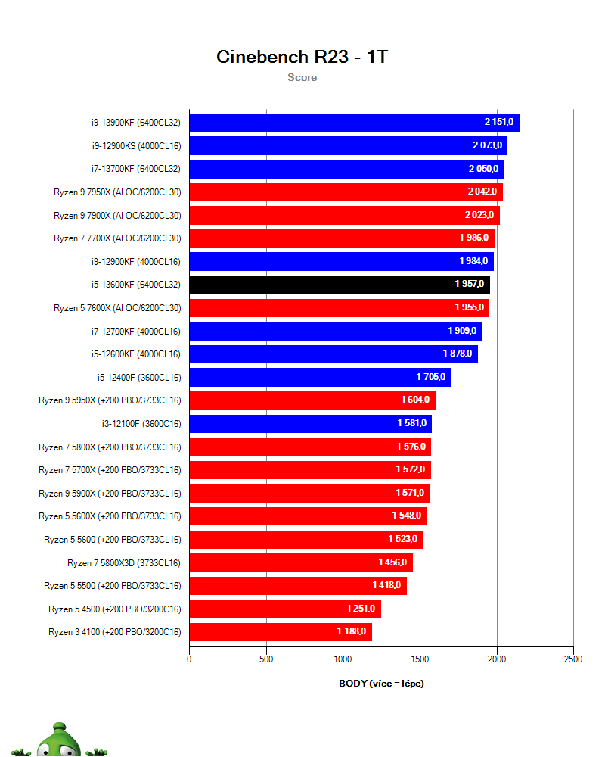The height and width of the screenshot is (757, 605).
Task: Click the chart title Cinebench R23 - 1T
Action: click(x=302, y=57)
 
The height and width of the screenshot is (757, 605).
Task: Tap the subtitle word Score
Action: click(x=302, y=77)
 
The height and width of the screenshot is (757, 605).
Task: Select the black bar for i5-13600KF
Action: click(x=340, y=285)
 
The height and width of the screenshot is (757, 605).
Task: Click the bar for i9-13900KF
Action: click(x=354, y=123)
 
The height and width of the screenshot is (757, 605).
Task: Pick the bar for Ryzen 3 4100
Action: click(x=280, y=631)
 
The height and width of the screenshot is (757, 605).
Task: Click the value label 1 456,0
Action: click(x=392, y=562)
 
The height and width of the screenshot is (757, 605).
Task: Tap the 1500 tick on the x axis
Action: click(x=420, y=659)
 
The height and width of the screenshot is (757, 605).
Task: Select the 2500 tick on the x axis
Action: click(x=573, y=659)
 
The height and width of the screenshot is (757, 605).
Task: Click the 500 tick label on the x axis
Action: click(x=266, y=659)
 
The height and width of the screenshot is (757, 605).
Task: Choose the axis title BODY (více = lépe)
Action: click(x=381, y=684)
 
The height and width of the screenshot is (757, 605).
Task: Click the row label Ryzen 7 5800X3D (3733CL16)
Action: click(x=124, y=562)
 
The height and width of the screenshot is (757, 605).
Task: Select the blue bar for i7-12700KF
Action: click(x=335, y=331)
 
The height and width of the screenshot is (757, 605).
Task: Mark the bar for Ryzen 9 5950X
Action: click(x=312, y=400)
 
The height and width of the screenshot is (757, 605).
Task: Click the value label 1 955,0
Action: click(x=469, y=308)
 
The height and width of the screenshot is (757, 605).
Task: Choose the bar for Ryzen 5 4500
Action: click(x=284, y=609)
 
